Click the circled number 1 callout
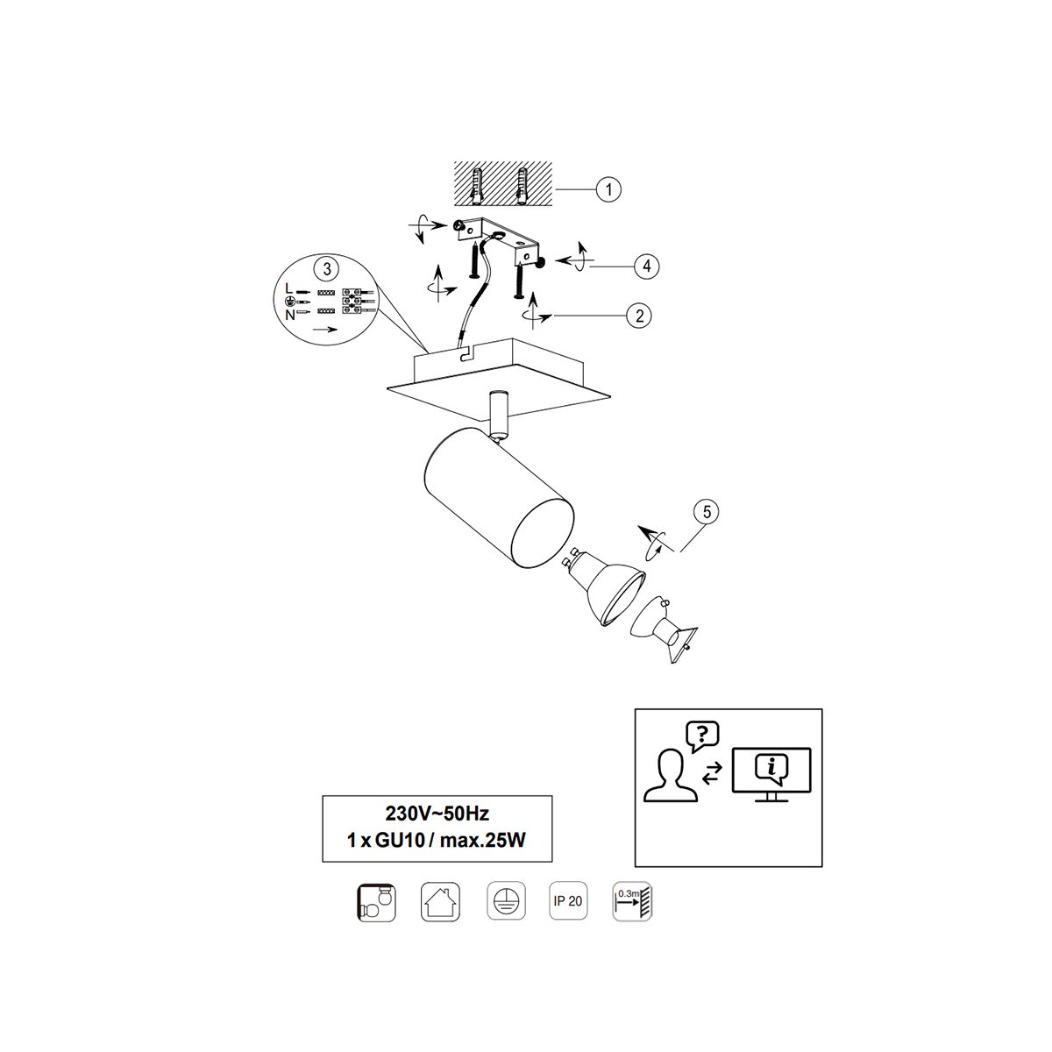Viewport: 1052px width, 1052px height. (x=608, y=189)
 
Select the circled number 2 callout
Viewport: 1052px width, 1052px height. (x=639, y=316)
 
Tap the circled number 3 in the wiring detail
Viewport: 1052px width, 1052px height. (x=327, y=268)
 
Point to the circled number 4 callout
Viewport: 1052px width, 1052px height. (x=646, y=267)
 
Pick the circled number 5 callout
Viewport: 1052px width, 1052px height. (x=707, y=511)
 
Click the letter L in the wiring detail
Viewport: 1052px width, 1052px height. (x=288, y=288)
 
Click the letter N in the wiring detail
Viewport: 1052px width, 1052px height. (x=290, y=315)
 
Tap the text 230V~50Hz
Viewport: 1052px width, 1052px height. (x=437, y=814)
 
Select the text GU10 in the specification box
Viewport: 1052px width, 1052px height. (x=400, y=840)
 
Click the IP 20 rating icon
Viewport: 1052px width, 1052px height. (x=568, y=901)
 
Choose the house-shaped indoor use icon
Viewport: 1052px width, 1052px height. (x=440, y=901)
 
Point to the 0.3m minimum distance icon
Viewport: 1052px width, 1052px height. (x=632, y=901)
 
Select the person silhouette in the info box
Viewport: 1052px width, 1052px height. (x=671, y=775)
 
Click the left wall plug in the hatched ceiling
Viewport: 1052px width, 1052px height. (x=477, y=187)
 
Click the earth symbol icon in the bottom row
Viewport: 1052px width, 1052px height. (x=506, y=901)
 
